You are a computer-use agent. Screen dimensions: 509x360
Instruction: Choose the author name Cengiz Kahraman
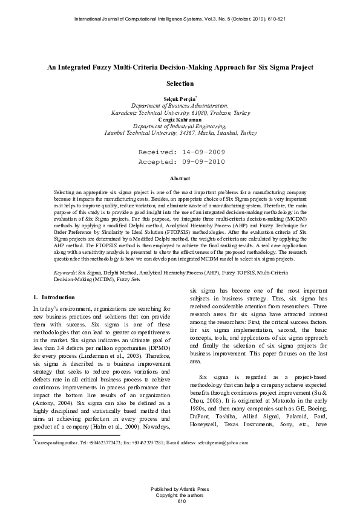tap(180, 119)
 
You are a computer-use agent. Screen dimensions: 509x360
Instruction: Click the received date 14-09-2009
tap(201, 153)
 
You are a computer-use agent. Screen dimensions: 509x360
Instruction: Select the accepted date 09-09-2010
tap(201, 162)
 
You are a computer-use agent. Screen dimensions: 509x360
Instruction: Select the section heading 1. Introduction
tap(54, 297)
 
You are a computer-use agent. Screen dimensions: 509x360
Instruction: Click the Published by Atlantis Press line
tap(180, 488)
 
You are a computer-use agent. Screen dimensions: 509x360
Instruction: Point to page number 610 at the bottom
tap(180, 501)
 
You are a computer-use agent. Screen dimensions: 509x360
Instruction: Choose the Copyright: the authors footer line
tap(180, 494)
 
